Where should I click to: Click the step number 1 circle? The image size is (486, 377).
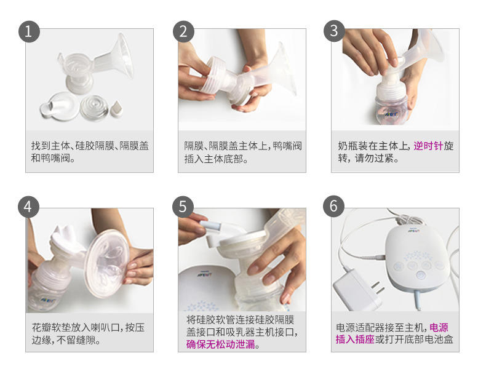[29, 31]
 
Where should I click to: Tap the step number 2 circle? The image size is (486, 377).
[183, 31]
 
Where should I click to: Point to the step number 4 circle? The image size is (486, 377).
[29, 206]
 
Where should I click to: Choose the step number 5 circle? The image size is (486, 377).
[183, 206]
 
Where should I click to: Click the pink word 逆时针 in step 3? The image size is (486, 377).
[428, 146]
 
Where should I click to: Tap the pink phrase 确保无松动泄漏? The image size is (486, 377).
[223, 344]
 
